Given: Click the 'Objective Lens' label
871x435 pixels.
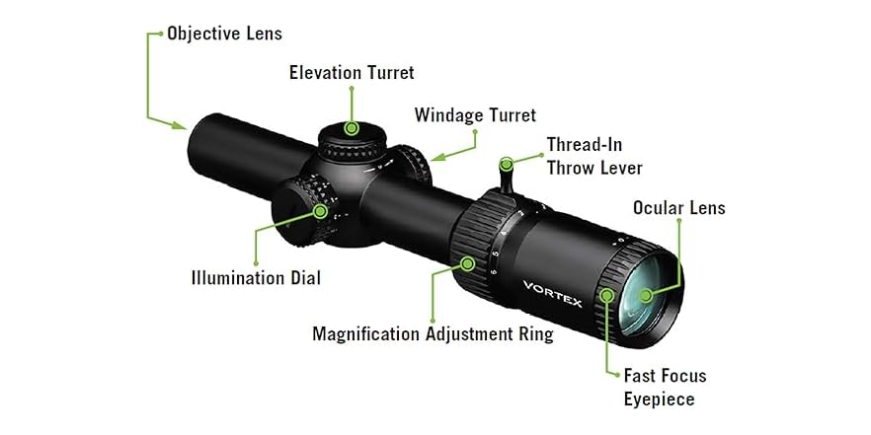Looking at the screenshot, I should coord(224,34).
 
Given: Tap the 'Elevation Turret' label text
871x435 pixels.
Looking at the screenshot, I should coord(351,72).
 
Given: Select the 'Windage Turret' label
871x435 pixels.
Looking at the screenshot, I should coord(475,115).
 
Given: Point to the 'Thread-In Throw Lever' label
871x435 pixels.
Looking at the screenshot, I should coord(594,156).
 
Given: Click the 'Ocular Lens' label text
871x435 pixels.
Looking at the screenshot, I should coord(678,207).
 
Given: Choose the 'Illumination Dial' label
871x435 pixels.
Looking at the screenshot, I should coord(256,277).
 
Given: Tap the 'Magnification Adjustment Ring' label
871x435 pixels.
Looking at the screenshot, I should coord(433,333).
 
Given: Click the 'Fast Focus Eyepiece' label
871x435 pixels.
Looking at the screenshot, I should coord(665,387).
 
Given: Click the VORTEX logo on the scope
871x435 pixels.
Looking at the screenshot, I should coord(552,291).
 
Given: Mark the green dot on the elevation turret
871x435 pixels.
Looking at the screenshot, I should coord(352,127).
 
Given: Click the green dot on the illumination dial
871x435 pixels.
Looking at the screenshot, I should coord(320,210).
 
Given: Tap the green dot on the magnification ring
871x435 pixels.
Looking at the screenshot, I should coord(468,262).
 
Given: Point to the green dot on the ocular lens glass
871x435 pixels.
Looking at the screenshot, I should coord(644,294).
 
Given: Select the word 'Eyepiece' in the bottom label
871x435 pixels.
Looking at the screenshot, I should coord(659,399).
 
